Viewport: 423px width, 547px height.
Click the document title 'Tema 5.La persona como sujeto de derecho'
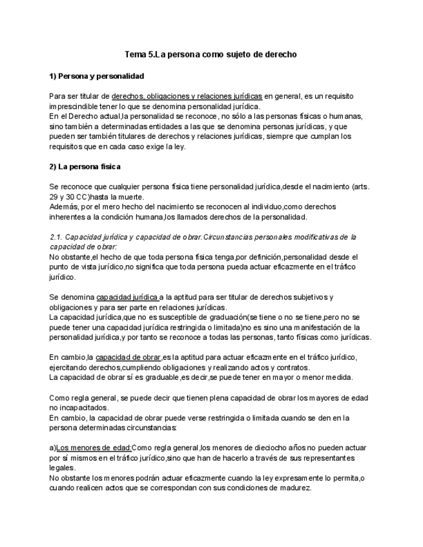click(211, 55)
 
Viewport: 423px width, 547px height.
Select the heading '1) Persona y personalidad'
click(96, 76)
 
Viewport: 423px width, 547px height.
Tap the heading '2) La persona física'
click(85, 166)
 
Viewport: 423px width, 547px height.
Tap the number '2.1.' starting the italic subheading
click(56, 237)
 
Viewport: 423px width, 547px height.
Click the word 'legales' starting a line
click(62, 468)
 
